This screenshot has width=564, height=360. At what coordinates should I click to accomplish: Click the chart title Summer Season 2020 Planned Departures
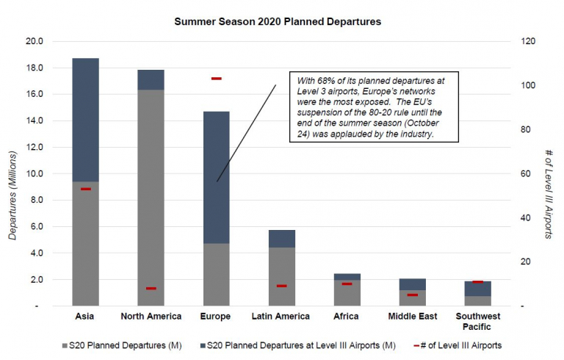278,21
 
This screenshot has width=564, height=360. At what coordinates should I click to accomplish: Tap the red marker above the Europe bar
216,79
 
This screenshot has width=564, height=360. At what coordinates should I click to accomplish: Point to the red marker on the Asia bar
86,189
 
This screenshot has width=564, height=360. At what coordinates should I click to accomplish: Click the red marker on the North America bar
151,288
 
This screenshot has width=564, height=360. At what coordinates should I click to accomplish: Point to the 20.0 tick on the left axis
35,41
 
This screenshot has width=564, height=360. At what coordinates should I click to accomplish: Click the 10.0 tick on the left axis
35,173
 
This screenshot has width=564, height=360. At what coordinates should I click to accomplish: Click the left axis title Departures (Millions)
12,174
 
